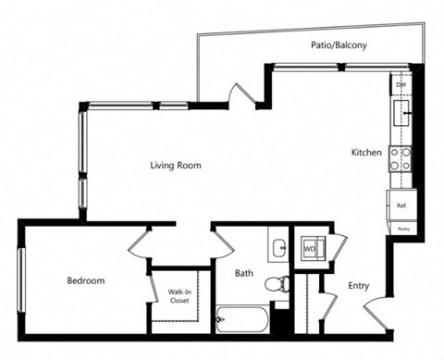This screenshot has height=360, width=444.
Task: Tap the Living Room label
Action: coord(176,166)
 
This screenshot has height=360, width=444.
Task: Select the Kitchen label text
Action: coord(366,152)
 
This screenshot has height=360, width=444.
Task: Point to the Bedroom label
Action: coord(85,280)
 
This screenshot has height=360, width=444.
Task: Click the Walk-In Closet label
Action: coord(179,296)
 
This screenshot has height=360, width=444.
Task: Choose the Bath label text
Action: coord(243,273)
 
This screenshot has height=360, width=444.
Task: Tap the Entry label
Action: coord(359,286)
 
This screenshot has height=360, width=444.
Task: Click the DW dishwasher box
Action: coord(401,85)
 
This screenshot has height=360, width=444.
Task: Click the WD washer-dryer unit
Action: coord(310,249)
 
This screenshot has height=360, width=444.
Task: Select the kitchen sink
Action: coord(401,115)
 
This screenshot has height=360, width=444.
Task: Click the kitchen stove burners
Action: coord(401,158)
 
